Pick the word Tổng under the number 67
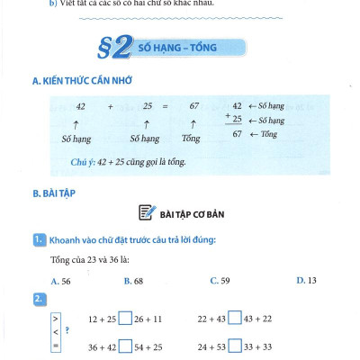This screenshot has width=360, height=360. pos(191,139)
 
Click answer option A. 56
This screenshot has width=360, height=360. pos(61,281)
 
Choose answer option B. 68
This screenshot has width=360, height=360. pos(133,281)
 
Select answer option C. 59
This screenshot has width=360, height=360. pos(220,281)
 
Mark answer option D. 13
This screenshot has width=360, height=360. pos(306,281)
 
